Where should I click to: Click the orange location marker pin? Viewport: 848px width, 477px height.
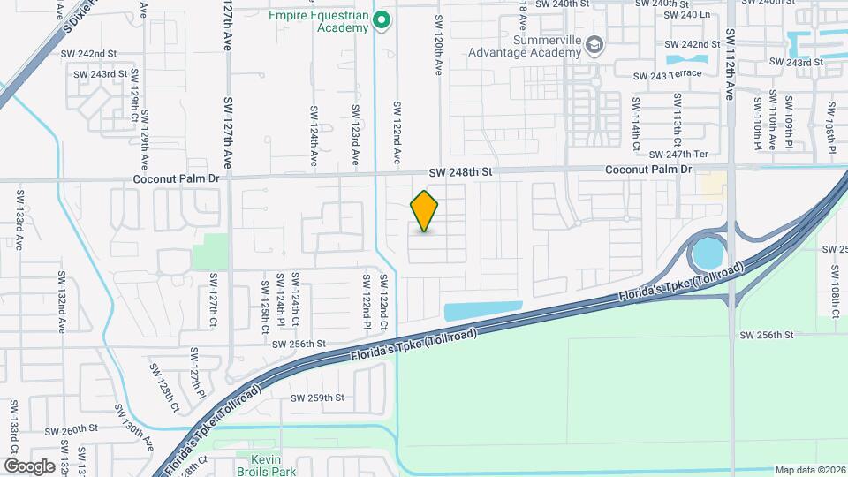click(x=425, y=211)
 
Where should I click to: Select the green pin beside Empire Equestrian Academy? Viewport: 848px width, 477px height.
click(x=382, y=19)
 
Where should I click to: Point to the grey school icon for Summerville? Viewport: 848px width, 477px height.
click(x=595, y=44)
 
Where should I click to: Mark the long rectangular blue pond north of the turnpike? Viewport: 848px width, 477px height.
click(x=481, y=311)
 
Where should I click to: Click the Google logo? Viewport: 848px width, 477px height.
click(x=29, y=466)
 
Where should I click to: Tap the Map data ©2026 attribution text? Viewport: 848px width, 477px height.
click(x=809, y=470)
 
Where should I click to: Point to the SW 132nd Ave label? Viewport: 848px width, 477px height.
click(x=63, y=314)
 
